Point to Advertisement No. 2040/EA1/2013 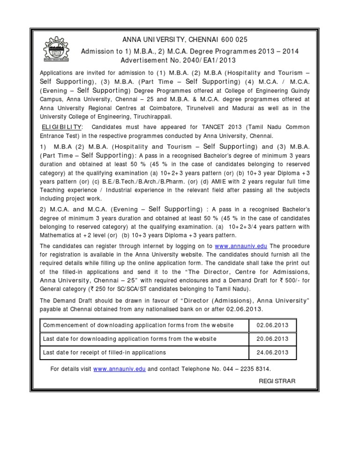pyautogui.click(x=178, y=60)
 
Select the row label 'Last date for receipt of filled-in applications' pyautogui.click(x=104, y=352)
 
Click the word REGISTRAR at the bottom pyautogui.click(x=277, y=381)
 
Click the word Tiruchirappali pyautogui.click(x=148, y=117)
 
